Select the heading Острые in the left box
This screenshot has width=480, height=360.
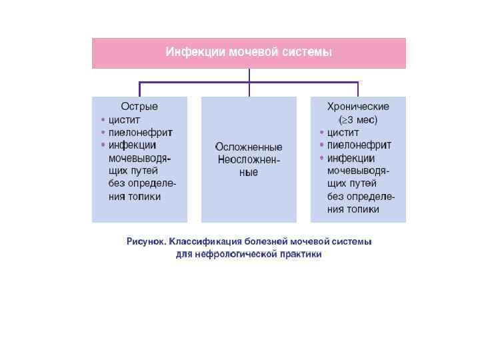[139, 107]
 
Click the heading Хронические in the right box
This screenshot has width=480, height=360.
[358, 107]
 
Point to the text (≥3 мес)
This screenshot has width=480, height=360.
[358, 120]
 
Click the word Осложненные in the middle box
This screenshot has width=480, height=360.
[249, 147]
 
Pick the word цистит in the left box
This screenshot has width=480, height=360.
[123, 120]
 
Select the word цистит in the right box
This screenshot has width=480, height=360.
[343, 133]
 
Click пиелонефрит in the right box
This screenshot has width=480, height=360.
[359, 145]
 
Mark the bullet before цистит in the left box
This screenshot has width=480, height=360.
[103, 121]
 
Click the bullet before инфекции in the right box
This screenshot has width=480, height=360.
[321, 159]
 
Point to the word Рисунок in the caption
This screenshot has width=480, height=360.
[146, 241]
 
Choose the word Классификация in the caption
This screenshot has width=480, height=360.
[203, 241]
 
